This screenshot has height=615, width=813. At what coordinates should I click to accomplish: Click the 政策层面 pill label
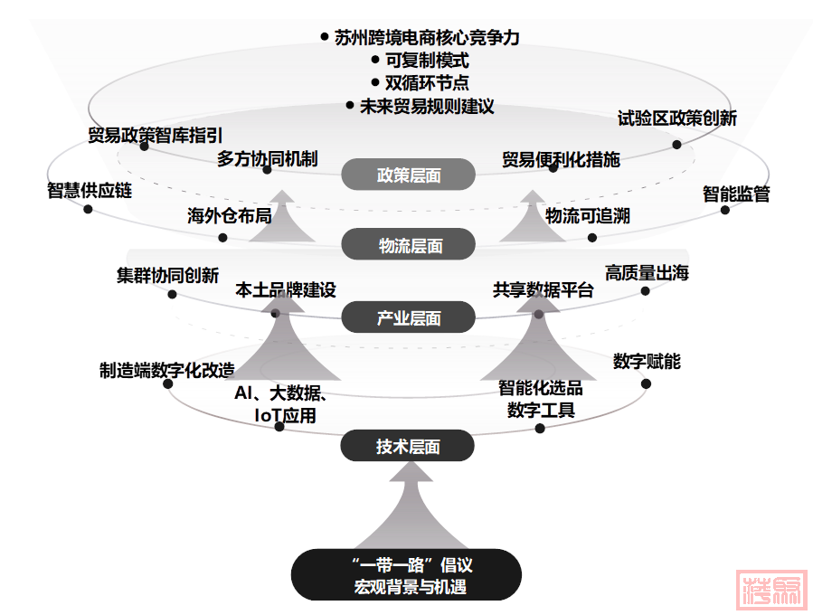coord(409,175)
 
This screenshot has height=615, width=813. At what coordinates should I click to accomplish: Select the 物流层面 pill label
coord(409,245)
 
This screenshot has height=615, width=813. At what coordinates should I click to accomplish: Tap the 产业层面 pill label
coord(409,317)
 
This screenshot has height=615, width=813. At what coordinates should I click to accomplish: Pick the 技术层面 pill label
coord(409,446)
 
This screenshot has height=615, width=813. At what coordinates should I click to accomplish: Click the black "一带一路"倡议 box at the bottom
coord(407,575)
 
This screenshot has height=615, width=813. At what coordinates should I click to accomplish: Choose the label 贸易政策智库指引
coord(155,136)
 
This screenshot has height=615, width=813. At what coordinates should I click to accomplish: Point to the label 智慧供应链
coord(90,191)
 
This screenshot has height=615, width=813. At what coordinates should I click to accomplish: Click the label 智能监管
coord(736,194)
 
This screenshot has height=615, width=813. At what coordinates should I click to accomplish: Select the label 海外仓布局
coord(229,216)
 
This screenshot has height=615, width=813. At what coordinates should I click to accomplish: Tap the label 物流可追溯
coord(588,216)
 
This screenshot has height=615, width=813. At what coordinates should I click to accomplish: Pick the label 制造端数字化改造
coord(167,370)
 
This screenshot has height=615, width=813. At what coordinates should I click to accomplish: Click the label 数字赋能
coord(647,362)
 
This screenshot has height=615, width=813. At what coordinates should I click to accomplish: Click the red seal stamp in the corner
coord(770,590)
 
